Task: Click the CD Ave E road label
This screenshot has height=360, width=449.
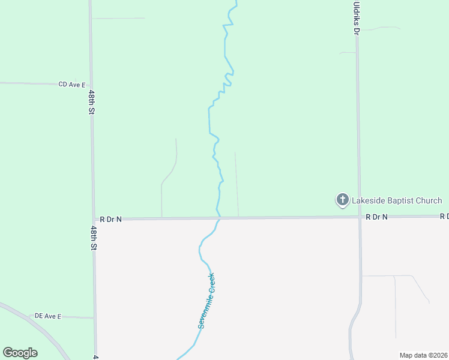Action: pyautogui.click(x=72, y=85)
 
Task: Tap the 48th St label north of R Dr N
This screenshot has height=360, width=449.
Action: pyautogui.click(x=92, y=103)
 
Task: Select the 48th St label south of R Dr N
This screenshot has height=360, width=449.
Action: pyautogui.click(x=94, y=238)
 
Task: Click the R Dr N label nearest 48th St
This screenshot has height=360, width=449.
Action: pyautogui.click(x=110, y=220)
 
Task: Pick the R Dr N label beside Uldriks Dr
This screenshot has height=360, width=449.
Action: pyautogui.click(x=377, y=217)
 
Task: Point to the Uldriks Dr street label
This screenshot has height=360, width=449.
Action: pyautogui.click(x=356, y=17)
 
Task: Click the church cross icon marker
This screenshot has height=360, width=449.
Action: pyautogui.click(x=342, y=200)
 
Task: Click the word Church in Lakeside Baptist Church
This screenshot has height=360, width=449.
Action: pyautogui.click(x=430, y=200)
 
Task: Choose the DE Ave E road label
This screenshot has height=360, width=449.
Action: pyautogui.click(x=48, y=316)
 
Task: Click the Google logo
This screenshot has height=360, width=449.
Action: pyautogui.click(x=20, y=353)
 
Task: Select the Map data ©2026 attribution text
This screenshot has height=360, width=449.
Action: pyautogui.click(x=423, y=355)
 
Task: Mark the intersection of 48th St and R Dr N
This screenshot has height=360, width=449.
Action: pyautogui.click(x=93, y=220)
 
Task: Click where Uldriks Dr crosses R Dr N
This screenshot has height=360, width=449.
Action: pyautogui.click(x=359, y=217)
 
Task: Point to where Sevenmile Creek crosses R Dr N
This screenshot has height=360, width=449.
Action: pyautogui.click(x=219, y=218)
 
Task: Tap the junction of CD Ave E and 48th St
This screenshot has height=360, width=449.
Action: pyautogui.click(x=91, y=85)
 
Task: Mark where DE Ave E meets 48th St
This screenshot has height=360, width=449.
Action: pyautogui.click(x=94, y=317)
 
